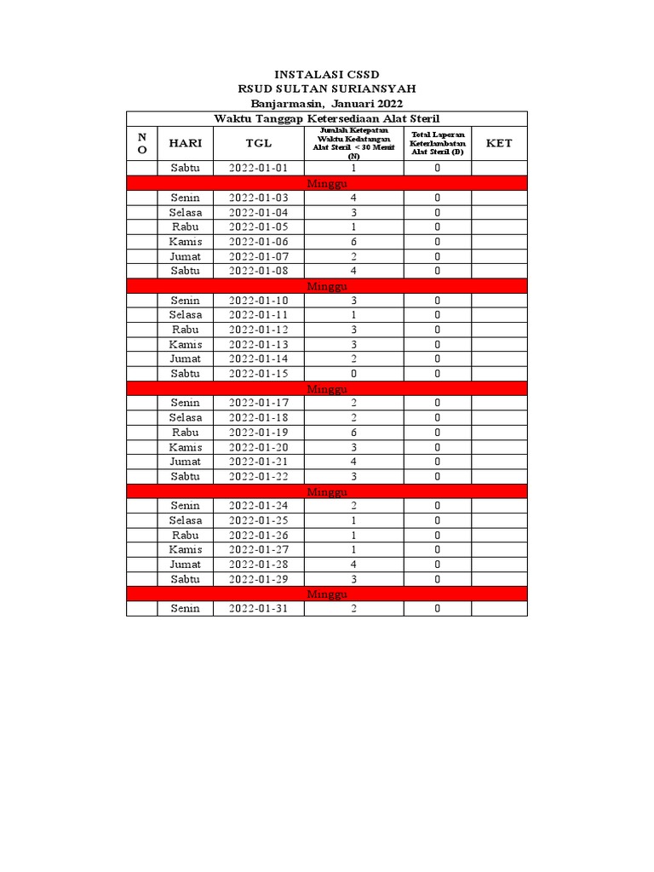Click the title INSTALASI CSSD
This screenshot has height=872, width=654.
coord(326,75)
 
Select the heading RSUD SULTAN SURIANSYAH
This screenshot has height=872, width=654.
coord(326,89)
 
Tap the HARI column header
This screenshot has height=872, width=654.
coord(185,143)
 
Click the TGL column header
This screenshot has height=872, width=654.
coord(258,143)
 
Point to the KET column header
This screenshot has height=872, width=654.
coord(499,143)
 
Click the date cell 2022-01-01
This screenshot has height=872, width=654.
coord(258,169)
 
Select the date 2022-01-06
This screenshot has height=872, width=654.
coord(258,242)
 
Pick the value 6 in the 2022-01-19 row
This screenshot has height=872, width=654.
coord(353,433)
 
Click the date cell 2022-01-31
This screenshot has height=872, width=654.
coord(258,609)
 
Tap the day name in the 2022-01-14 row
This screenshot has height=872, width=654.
coord(185,359)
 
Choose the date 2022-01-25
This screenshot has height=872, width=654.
coord(258,520)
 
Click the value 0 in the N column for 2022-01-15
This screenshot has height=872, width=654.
coord(353,374)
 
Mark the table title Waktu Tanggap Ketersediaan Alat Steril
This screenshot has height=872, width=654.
coord(326,118)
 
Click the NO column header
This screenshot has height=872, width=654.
coord(142,143)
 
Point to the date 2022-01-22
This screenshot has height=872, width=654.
coord(258,477)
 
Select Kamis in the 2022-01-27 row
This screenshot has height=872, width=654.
coord(185,550)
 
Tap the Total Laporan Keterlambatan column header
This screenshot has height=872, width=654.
coord(437,143)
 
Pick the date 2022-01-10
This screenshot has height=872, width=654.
coord(258,301)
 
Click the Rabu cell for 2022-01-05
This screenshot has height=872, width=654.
coord(185,227)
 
